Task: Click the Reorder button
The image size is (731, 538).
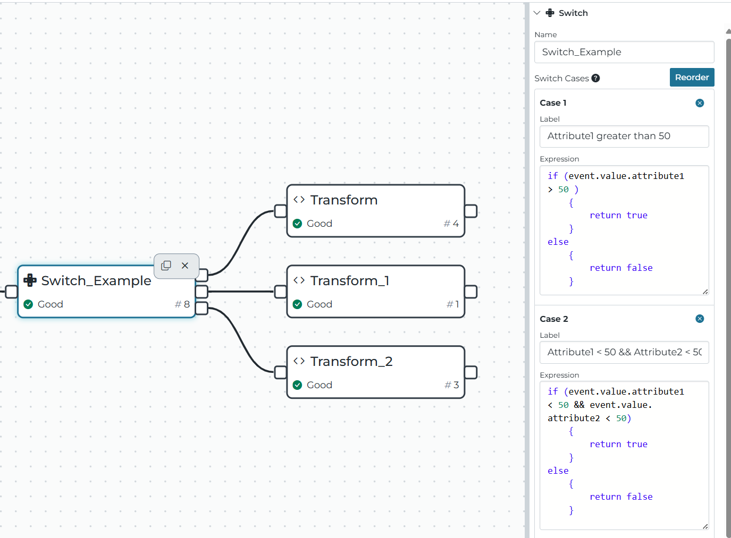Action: coord(692,77)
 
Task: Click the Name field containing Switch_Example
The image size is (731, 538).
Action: coord(624,52)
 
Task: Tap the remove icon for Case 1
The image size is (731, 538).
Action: coord(700,103)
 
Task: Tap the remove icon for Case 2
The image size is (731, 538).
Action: coord(700,319)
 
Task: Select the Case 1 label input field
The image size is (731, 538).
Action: coord(624,136)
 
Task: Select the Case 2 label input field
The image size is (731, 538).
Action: coord(624,352)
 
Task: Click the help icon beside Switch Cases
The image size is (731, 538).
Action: coord(595,78)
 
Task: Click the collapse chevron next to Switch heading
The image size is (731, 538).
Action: coord(537,13)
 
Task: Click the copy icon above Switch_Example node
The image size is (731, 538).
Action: coord(166,265)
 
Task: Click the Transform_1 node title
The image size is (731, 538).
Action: coord(349,280)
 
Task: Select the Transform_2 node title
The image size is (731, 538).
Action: coord(351,361)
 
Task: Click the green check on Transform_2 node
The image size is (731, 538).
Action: coord(298,385)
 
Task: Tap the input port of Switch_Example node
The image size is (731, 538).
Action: coord(11,292)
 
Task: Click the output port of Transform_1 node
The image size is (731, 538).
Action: coord(470,292)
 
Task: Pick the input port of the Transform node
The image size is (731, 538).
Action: coord(281,211)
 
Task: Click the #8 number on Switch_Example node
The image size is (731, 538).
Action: coord(182,304)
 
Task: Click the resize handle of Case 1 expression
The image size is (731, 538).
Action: coord(705,291)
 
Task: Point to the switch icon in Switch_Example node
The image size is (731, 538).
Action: coord(30,280)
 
